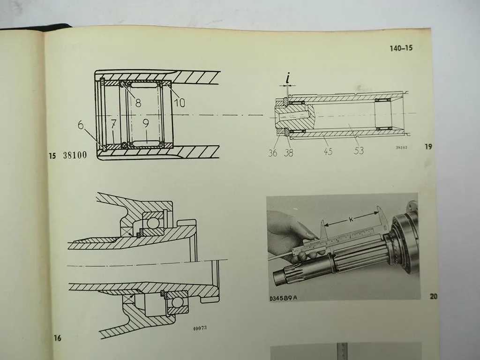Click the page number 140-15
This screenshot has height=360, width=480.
click(401, 48)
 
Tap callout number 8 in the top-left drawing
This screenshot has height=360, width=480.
click(138, 103)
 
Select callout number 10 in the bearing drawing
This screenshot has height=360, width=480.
click(179, 103)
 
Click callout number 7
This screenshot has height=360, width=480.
click(113, 124)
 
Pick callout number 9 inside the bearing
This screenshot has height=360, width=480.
click(146, 124)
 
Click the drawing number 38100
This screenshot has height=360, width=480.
click(75, 156)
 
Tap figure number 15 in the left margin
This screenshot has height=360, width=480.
click(52, 156)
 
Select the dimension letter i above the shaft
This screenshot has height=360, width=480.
click(288, 78)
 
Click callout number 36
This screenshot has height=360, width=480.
click(272, 152)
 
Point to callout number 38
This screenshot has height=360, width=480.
click(289, 152)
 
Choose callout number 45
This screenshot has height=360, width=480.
click(328, 151)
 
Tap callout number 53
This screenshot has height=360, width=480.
click(359, 151)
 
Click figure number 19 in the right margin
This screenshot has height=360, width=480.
click(428, 147)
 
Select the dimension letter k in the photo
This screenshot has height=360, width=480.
click(351, 219)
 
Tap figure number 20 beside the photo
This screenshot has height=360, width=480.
click(433, 296)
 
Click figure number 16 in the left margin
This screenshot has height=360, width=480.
click(58, 338)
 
